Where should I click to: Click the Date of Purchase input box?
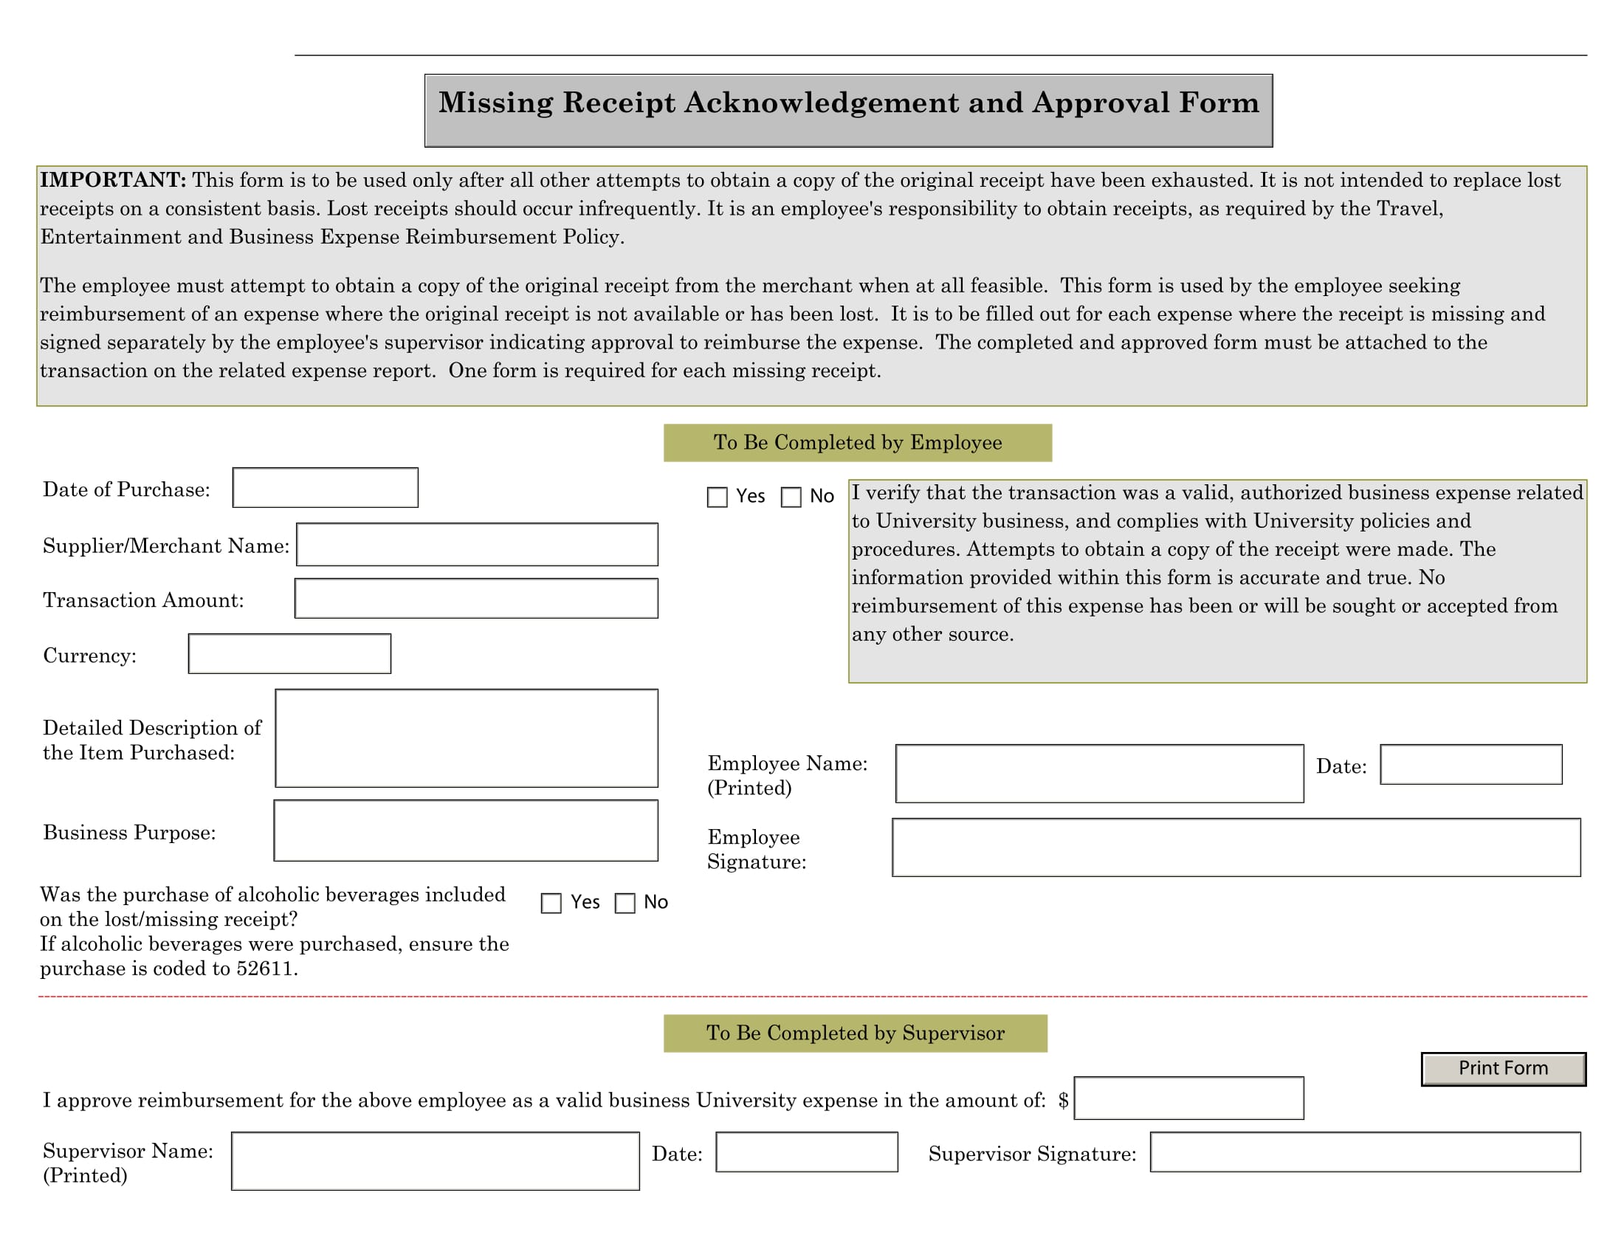325,488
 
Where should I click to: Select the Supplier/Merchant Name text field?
477,544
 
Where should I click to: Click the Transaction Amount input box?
476,599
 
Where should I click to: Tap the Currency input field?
289,653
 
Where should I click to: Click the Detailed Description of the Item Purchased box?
467,737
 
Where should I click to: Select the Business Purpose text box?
466,831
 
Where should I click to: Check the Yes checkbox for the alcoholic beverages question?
551,904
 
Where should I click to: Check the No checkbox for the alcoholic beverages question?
625,904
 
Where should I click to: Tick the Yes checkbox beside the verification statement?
717,498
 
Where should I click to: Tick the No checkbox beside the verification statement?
791,498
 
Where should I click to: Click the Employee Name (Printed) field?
1099,773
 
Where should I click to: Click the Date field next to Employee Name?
1470,764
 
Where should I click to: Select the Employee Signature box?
1236,847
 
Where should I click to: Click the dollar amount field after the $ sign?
1188,1097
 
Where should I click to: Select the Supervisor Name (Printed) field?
435,1161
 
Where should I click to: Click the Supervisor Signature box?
1364,1152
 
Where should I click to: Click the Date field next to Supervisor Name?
806,1152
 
